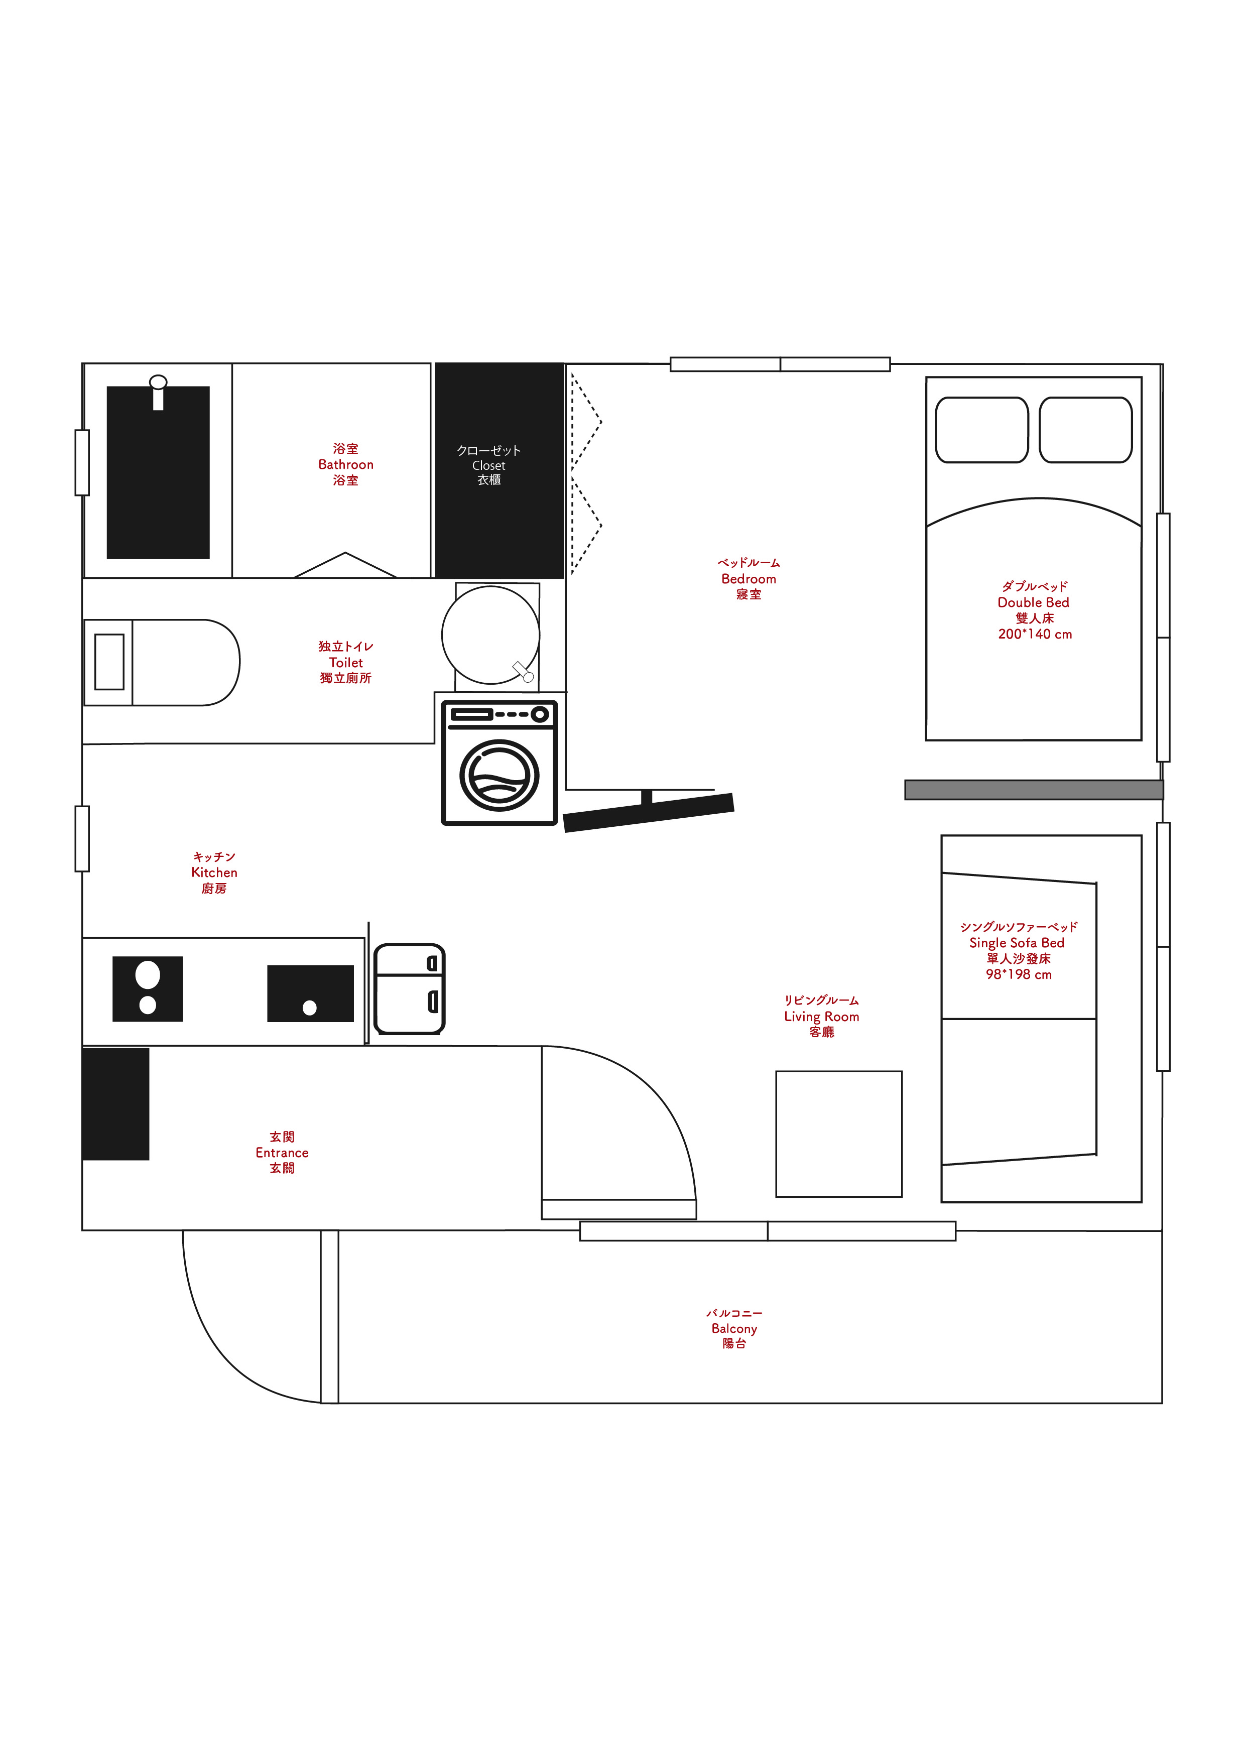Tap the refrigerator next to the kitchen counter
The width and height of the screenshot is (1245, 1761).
(x=410, y=988)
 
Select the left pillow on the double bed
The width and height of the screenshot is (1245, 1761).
(x=982, y=430)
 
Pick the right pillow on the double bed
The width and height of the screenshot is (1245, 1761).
(x=1085, y=430)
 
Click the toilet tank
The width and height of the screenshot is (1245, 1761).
(x=109, y=662)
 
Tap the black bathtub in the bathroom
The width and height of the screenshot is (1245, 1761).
(x=158, y=472)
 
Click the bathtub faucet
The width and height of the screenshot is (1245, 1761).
(x=158, y=392)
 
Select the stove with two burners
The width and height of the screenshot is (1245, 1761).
(x=147, y=988)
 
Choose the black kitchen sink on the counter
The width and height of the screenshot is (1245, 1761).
(x=310, y=993)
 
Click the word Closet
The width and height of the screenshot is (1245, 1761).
(x=488, y=465)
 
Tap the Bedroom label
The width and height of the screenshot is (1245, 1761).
(x=749, y=579)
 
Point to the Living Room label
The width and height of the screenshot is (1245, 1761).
(x=822, y=1016)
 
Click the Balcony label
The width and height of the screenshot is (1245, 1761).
(x=734, y=1328)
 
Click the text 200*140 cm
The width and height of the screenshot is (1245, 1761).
(x=1035, y=634)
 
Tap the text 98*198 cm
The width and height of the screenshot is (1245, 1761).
(x=1019, y=974)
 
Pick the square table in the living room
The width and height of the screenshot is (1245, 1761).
(x=839, y=1134)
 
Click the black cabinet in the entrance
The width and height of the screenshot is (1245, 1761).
(x=116, y=1104)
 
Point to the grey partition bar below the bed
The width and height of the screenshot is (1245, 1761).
(x=1034, y=789)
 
